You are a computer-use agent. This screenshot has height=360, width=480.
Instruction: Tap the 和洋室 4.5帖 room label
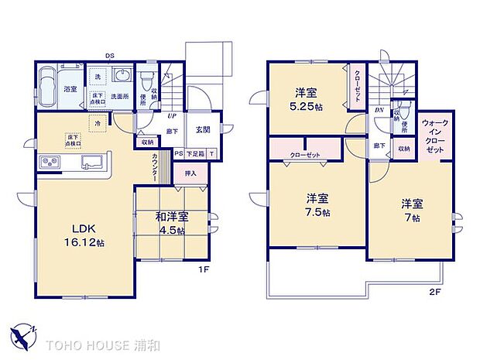tap(170, 223)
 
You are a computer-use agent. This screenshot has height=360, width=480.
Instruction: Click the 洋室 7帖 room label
tap(411, 211)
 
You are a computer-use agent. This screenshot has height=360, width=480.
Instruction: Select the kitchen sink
tap(91, 162)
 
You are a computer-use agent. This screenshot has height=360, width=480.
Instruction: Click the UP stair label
tap(171, 116)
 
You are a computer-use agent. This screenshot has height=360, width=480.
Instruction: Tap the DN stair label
tap(379, 110)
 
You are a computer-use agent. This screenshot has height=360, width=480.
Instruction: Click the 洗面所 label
tap(119, 96)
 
